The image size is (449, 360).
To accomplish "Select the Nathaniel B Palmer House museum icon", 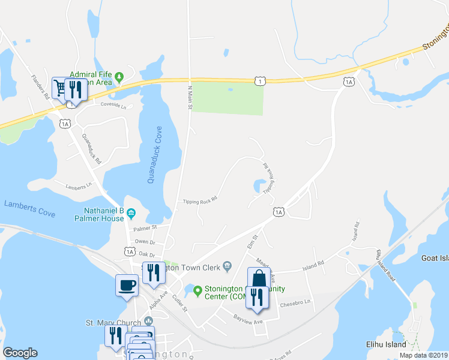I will pyautogui.click(x=131, y=214).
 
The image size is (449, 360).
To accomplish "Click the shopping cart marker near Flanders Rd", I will pyautogui.click(x=60, y=89).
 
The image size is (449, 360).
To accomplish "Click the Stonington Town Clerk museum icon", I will pyautogui.click(x=228, y=265).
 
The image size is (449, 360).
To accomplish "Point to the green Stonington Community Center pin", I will pyautogui.click(x=197, y=290).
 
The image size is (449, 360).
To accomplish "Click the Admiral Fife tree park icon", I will pyautogui.click(x=119, y=76).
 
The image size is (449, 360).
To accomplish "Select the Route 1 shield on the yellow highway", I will pyautogui.click(x=259, y=80).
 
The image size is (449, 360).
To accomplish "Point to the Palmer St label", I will pyautogui.click(x=145, y=228).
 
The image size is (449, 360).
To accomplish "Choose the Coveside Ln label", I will pyautogui.click(x=113, y=106).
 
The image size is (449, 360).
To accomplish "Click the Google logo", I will pyautogui.click(x=20, y=353).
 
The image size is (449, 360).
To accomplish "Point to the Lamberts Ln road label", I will pyautogui.click(x=80, y=187).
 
